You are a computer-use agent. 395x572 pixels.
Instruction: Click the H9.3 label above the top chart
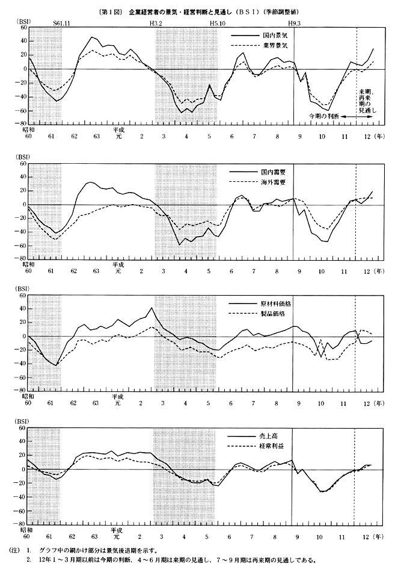point(295,22)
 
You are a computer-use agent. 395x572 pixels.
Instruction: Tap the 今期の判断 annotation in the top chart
point(325,114)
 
